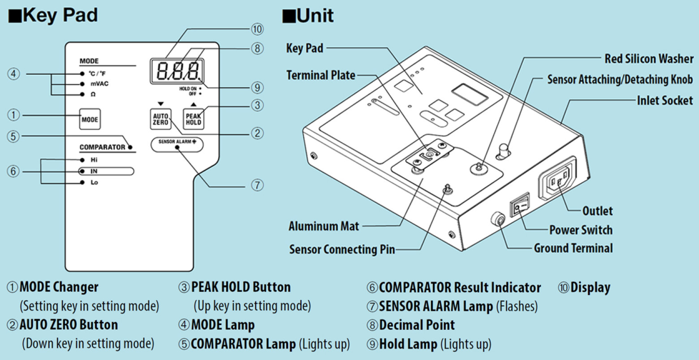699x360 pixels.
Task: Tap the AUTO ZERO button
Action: point(160,119)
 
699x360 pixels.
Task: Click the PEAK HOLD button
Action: point(194,119)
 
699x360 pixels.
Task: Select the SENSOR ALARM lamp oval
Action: point(177,145)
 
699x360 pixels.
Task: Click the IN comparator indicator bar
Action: point(106,171)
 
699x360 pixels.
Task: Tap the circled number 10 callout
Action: point(257,29)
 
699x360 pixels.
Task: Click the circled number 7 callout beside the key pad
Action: point(257,185)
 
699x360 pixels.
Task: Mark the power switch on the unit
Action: point(519,205)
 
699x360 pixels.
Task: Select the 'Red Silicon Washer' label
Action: point(648,58)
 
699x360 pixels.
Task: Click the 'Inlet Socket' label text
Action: point(665,100)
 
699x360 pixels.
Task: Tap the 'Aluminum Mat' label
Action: point(324,226)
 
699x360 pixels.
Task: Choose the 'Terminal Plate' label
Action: point(321,75)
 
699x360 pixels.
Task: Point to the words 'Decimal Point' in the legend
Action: point(417,325)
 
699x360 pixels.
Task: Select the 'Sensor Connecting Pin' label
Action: point(342,249)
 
